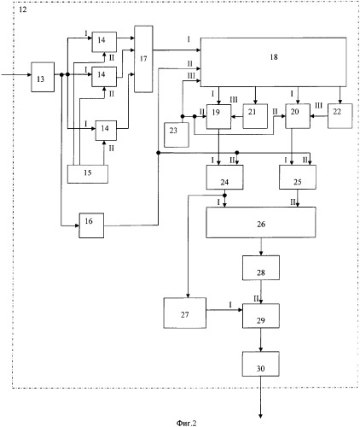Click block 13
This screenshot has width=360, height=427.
point(43,77)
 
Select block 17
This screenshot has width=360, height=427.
point(143,59)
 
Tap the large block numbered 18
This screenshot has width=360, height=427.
point(274,62)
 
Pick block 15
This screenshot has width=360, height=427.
point(88,174)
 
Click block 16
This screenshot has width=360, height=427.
point(91,225)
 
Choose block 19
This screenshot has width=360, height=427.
point(218,116)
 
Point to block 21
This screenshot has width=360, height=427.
point(255,116)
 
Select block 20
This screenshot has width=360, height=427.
point(298,116)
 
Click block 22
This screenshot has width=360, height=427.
point(340,116)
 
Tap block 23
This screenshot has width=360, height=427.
point(177,135)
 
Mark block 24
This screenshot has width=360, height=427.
point(224,177)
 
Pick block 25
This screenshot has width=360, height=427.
point(298,177)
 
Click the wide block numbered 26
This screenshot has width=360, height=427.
point(261,222)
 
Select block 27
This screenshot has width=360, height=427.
point(185,313)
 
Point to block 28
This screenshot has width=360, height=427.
point(261,268)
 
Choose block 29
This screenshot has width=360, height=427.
point(261,316)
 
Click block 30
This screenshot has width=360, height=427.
point(261,364)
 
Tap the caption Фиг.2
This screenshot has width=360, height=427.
point(186,423)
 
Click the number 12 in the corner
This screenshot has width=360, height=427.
point(22,9)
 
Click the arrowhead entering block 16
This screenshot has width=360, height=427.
point(77,225)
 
